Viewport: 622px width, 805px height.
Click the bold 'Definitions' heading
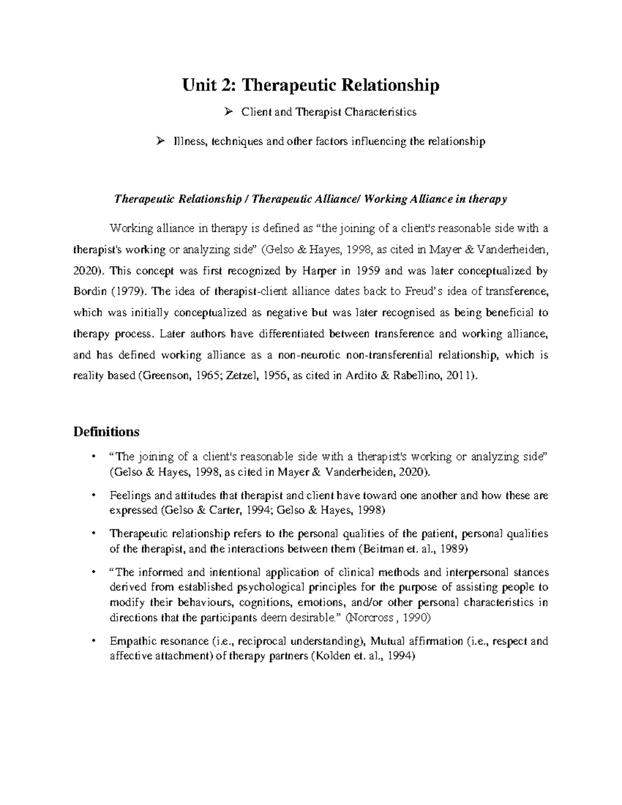[x=106, y=431]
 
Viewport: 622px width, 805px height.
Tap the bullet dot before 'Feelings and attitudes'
[x=92, y=496]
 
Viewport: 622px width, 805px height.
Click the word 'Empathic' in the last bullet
[x=130, y=641]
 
